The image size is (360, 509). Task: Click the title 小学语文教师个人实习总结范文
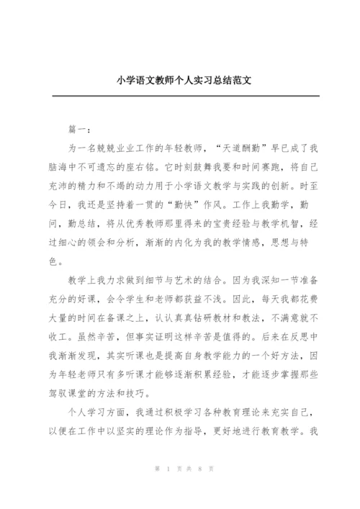(180, 81)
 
